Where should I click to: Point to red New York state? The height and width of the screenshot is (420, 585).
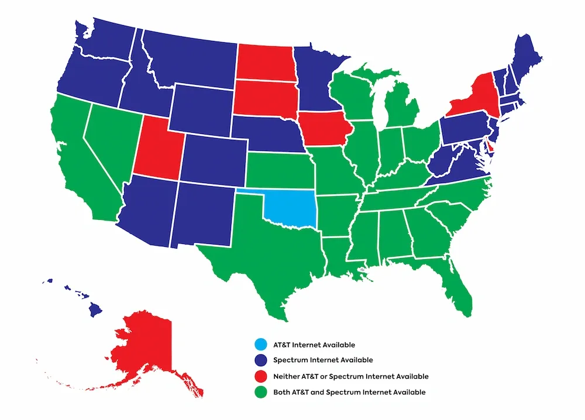tap(477, 99)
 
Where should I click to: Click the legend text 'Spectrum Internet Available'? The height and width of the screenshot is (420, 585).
tap(323, 360)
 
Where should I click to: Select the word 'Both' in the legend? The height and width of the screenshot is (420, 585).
tap(282, 392)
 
